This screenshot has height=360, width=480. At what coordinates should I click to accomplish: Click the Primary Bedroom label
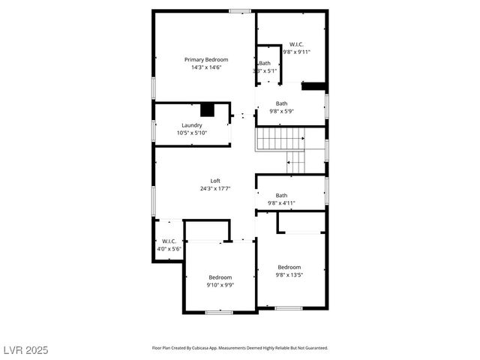[206, 59]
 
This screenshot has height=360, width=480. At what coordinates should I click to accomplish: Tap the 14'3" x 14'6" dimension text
[206, 67]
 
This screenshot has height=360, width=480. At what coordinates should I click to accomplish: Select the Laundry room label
[191, 125]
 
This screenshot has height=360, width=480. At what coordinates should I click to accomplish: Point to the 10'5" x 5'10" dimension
[191, 133]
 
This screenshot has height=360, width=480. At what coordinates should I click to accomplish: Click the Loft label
[215, 181]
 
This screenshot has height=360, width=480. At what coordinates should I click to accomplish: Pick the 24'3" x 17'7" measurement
[215, 189]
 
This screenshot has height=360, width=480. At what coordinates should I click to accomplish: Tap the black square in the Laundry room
[207, 109]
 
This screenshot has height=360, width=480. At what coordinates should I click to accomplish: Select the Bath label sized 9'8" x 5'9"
[281, 103]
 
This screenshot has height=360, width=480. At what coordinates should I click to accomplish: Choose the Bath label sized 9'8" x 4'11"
[281, 195]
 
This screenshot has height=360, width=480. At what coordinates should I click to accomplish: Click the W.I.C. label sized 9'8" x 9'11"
[297, 44]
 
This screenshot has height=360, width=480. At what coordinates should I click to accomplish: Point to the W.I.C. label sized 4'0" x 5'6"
[169, 241]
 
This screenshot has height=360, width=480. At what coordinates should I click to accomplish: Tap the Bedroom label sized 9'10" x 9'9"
[220, 277]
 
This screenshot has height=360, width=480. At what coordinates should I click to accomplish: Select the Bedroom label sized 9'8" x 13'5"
[289, 267]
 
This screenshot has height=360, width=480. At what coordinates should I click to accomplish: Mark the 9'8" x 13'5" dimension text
[289, 274]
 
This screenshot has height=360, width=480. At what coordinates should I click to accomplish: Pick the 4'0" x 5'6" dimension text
[169, 248]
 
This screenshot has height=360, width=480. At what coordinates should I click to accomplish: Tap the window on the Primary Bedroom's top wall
[240, 10]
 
